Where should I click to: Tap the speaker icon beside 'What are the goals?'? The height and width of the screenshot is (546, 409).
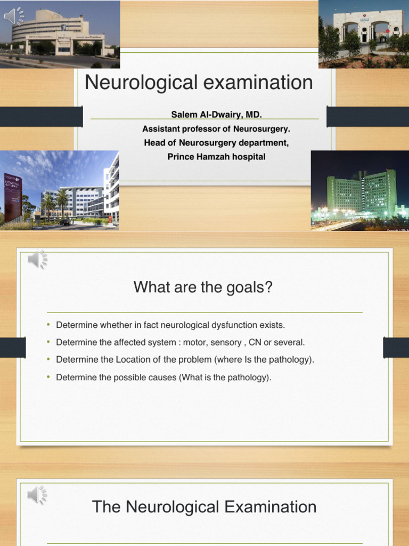point(37,260)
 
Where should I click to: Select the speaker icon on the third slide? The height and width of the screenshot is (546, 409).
point(37,495)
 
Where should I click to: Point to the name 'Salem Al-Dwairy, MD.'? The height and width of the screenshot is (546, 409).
point(216,115)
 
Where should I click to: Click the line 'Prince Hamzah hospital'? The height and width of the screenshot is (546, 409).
point(216,157)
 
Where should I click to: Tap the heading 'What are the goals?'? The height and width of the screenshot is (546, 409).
point(203,287)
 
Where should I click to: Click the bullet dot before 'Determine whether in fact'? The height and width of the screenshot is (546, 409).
point(48,324)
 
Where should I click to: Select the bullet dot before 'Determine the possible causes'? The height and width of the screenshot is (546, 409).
point(48,377)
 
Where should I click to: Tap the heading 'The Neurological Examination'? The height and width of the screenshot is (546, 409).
point(204,507)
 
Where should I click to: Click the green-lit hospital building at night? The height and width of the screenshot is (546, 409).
point(362,192)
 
